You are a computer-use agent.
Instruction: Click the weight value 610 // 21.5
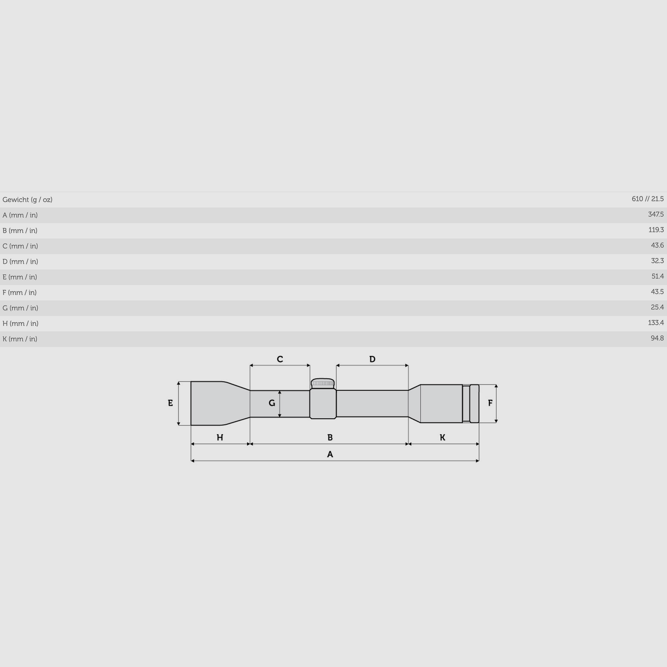tap(647, 199)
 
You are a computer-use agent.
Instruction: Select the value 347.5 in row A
tap(655, 214)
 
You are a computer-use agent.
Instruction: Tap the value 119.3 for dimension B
tap(656, 230)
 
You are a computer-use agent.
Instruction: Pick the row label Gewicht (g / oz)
tap(27, 199)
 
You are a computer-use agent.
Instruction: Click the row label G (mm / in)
tap(20, 308)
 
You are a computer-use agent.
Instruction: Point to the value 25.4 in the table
tap(657, 307)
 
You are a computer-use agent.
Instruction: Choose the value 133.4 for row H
tap(655, 323)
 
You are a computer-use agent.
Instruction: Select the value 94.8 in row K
tap(657, 338)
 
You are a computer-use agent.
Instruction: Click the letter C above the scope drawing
tap(280, 359)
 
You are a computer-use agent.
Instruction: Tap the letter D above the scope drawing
tap(372, 359)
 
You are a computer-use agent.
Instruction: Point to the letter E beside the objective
tap(170, 403)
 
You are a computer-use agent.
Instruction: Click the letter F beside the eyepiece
tap(490, 403)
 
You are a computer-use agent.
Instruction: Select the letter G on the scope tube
tap(272, 403)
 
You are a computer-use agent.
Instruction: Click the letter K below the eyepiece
tap(443, 438)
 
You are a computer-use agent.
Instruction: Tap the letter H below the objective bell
tap(220, 438)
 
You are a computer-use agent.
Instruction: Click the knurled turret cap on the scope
tap(323, 383)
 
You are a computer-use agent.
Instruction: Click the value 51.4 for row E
tap(657, 276)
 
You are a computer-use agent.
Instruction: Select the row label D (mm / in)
tap(20, 262)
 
